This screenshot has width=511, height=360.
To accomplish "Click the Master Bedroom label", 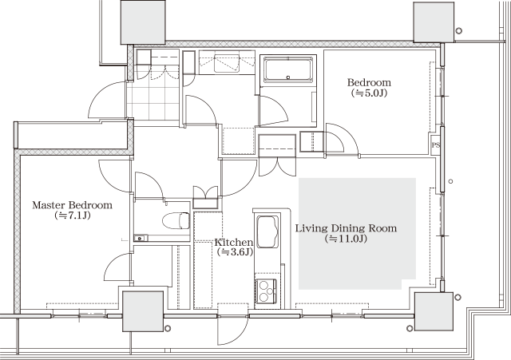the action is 72,205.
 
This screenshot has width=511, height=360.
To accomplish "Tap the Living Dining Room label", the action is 346,228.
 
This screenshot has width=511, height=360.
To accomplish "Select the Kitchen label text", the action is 234,243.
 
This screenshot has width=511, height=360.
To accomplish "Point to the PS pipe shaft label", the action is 435,145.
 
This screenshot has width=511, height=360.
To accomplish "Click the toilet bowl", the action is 176,220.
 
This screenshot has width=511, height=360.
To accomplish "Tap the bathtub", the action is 288,69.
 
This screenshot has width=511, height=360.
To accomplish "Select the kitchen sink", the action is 267,232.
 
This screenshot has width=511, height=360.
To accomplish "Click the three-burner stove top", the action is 266,291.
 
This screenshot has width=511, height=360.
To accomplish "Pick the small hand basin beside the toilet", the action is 141,238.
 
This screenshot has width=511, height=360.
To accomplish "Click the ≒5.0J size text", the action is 369,93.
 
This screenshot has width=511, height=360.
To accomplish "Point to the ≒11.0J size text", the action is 346,239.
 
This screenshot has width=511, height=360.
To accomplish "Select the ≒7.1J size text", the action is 73,216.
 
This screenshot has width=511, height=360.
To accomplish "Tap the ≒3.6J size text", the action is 235,251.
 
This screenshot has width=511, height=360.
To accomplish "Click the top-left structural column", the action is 143,22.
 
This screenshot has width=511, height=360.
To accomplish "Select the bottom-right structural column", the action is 434,311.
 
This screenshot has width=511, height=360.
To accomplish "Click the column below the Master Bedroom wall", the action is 143,311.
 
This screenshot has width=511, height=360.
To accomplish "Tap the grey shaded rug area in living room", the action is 357,234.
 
